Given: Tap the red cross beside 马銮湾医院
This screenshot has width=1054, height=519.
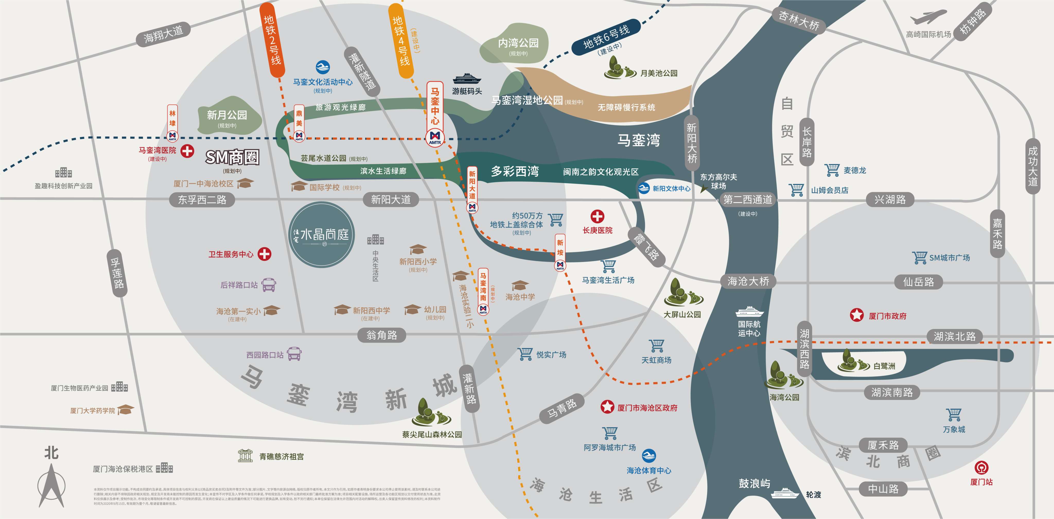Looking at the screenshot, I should pos(187,151).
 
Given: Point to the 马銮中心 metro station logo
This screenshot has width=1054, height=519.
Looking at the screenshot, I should pos(435,136).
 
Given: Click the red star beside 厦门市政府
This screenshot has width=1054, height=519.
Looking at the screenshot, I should pos(856,315).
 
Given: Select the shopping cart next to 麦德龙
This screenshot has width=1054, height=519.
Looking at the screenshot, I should pos(832,170).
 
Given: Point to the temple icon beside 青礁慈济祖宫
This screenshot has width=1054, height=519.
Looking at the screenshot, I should pos(245,456).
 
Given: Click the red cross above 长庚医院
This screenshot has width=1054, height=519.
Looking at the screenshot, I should pos(597,216).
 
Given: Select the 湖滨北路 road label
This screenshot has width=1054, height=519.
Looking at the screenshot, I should pos(954,336).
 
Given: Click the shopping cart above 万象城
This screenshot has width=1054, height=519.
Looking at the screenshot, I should pos(954,415).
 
